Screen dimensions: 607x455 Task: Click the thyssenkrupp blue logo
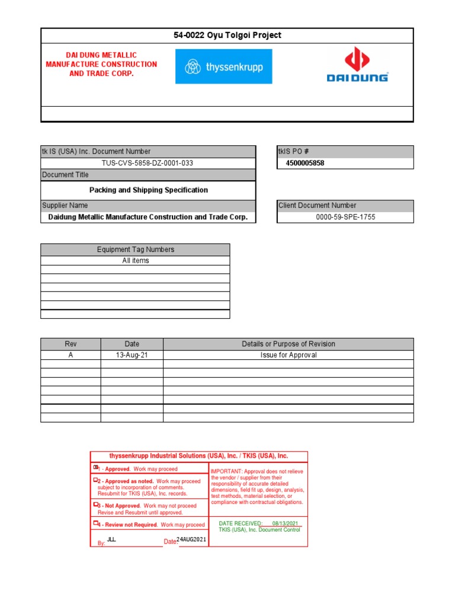[x=224, y=66]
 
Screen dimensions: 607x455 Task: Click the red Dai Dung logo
[x=358, y=65]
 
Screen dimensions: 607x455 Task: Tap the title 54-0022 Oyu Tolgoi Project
[x=227, y=36]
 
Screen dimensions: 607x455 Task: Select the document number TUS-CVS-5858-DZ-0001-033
[x=148, y=163]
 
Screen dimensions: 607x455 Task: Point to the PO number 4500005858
[x=305, y=163]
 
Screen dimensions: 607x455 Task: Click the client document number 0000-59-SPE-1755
[x=345, y=217]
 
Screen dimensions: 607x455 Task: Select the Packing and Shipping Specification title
[x=148, y=190]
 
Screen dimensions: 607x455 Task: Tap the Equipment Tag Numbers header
[x=136, y=250]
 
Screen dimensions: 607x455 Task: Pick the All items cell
[x=136, y=261]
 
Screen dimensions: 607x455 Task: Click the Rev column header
[x=71, y=344]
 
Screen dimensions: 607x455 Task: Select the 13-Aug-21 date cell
[x=132, y=355]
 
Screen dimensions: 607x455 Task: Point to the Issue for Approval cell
[x=289, y=355]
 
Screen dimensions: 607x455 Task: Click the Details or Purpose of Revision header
[x=289, y=344]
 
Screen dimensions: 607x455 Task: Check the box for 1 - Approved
[x=95, y=468]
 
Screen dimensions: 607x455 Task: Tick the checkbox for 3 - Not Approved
[x=95, y=505]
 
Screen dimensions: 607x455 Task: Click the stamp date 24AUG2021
[x=192, y=539]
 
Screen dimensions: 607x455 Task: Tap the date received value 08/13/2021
[x=287, y=523]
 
